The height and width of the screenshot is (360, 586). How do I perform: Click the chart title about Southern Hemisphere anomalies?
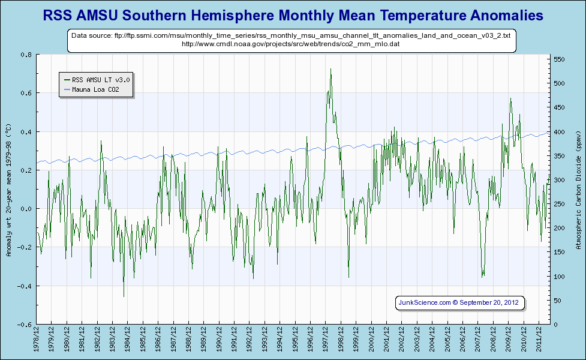coord(293,15)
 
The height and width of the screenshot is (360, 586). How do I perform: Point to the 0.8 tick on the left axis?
coord(26,55)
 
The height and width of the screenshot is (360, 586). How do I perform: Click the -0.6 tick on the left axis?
coord(25,325)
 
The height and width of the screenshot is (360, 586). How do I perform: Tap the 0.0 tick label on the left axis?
coord(26,209)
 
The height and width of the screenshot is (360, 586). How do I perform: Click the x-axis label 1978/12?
coord(37,340)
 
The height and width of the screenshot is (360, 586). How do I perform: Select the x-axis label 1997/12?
coord(326,340)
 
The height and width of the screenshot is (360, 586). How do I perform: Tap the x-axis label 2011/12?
coord(539,340)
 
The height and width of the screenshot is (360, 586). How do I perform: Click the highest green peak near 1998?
coord(330,69)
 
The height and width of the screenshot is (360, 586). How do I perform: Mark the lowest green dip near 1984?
coord(124,296)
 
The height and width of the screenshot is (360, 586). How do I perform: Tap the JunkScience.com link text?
coord(424,302)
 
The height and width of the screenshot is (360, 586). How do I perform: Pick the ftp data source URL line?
coord(291,36)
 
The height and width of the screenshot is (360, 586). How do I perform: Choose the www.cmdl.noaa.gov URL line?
coord(290,44)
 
